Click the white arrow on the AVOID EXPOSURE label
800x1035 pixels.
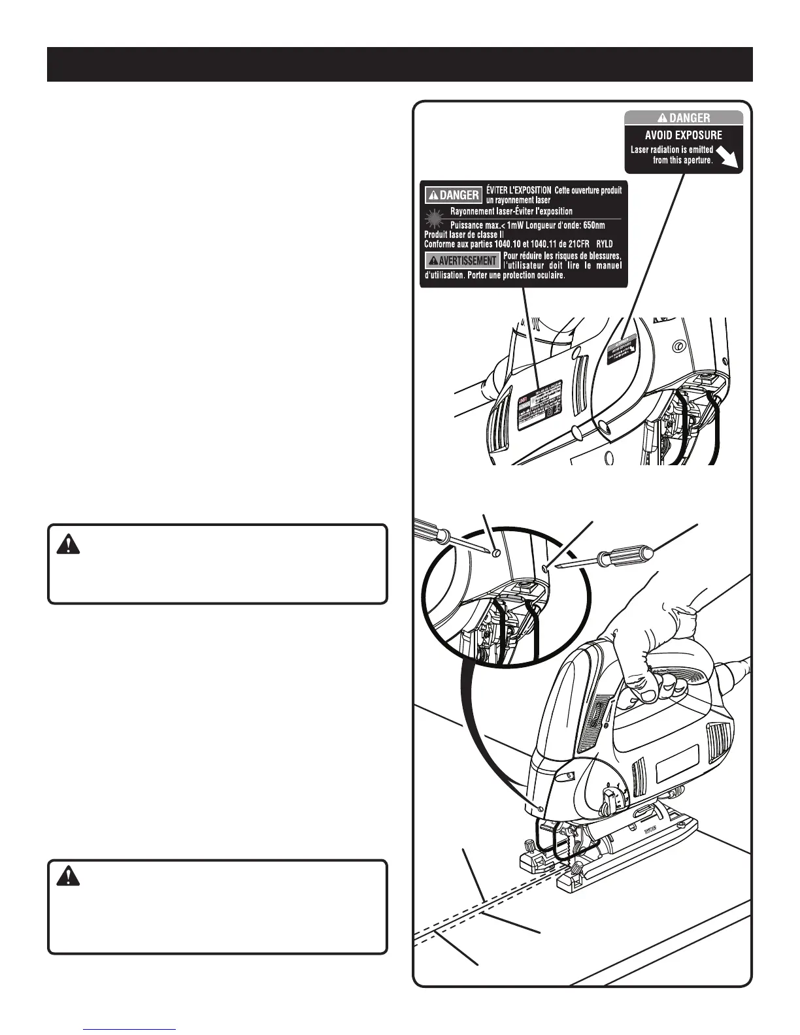tap(727, 157)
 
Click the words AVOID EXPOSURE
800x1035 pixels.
tap(683, 135)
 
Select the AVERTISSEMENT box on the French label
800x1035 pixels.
tap(463, 260)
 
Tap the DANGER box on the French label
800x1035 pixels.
tap(453, 195)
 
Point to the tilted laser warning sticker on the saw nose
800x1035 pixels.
tap(622, 351)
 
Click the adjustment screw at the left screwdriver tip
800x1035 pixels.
tap(496, 553)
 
